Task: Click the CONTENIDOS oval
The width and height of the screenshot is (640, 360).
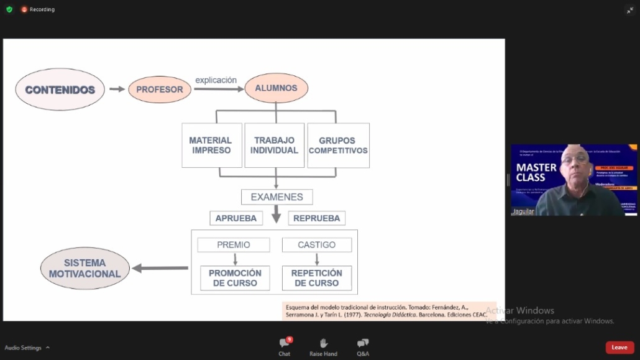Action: coord(60,90)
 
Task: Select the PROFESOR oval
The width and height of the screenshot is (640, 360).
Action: coord(160,89)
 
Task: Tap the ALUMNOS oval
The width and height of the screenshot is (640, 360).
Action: coord(276,88)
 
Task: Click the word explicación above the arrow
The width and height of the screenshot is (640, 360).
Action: coord(216,80)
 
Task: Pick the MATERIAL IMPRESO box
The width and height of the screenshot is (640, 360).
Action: coord(211,145)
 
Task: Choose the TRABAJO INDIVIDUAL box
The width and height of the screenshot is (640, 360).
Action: coord(275,145)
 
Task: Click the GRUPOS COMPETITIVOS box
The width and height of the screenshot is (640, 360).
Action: coord(338,145)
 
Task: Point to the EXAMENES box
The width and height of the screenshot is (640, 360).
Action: coord(277,197)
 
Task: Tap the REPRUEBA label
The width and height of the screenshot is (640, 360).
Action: coord(316,218)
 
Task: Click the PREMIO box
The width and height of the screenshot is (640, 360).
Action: coord(234,245)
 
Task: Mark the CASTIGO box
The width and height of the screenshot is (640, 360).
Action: coord(316,245)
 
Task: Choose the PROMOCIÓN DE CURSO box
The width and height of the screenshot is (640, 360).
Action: coord(235,278)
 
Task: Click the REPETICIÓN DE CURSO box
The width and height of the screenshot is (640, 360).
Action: coord(316,278)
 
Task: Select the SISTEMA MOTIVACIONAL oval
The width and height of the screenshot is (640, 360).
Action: coord(85,269)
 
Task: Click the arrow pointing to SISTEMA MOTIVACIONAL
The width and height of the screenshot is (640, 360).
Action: coord(160,268)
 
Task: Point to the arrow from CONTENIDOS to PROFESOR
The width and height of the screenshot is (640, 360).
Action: coord(117,89)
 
